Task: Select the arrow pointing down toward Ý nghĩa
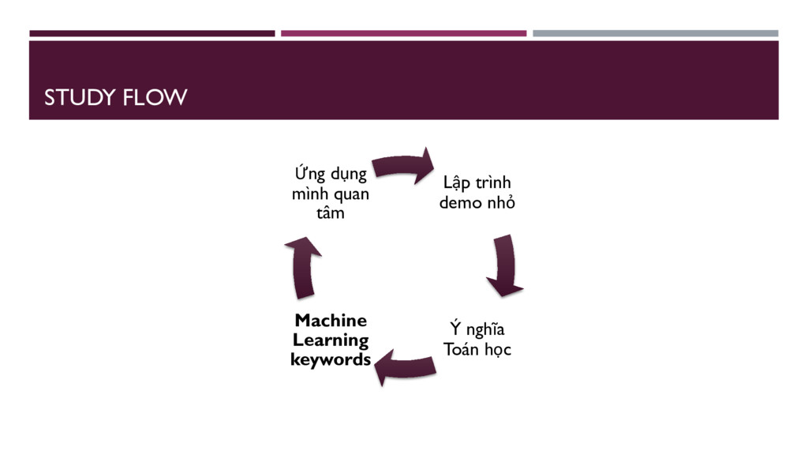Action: point(504,265)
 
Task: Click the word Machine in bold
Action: point(331,321)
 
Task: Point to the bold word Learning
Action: point(331,340)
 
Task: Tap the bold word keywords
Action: point(331,360)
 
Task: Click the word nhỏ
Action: point(500,203)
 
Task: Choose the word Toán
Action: point(460,349)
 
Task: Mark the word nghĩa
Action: point(485,330)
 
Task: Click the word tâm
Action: point(330,213)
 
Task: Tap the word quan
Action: point(352,194)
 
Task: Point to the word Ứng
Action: point(308,173)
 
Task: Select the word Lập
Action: point(457,184)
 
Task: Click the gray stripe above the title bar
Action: point(655,33)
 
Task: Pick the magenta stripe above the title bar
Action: point(403,33)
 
